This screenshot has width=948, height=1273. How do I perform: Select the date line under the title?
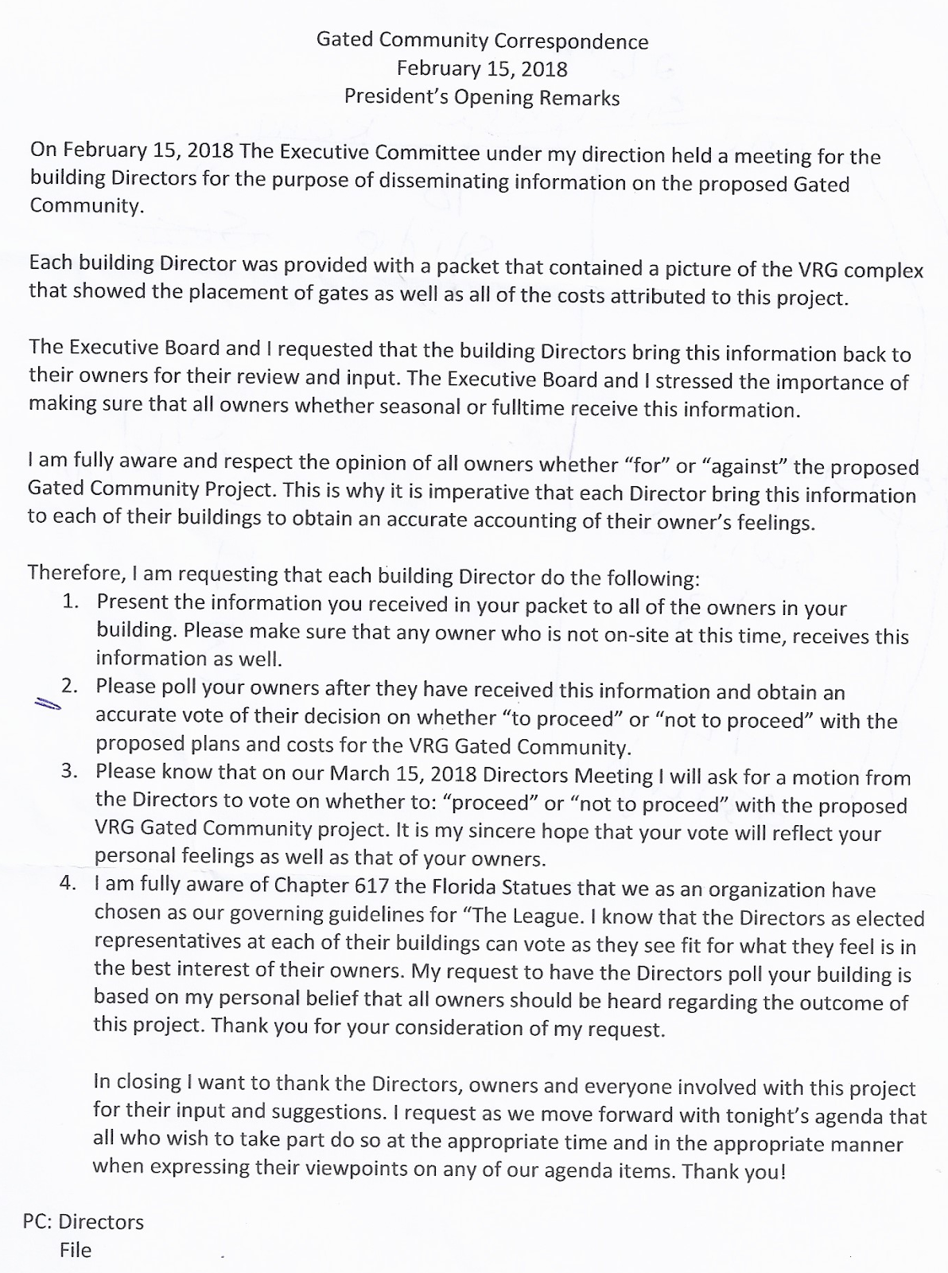click(482, 69)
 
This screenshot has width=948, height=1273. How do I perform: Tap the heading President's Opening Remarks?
click(482, 97)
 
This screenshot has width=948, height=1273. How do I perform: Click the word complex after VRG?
click(883, 270)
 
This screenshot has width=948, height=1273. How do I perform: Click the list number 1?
click(70, 601)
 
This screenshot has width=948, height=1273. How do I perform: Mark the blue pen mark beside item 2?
click(48, 704)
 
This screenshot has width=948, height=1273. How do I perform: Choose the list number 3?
click(69, 771)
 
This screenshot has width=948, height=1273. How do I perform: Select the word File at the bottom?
click(76, 1250)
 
